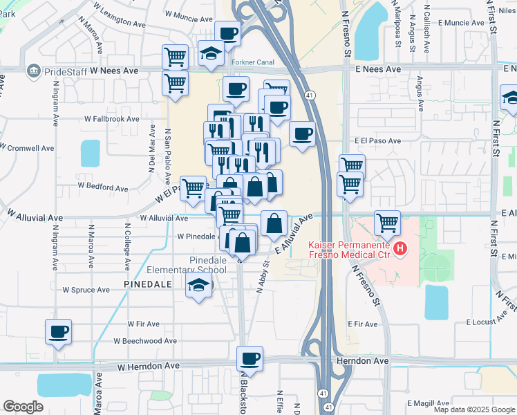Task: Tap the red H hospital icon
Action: (x=398, y=248)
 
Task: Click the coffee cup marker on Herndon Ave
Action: (x=250, y=359)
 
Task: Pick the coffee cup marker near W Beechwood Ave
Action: (x=59, y=331)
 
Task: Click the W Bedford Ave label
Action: (x=103, y=187)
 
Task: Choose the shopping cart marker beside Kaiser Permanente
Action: (x=387, y=223)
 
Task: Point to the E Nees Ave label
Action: (x=378, y=70)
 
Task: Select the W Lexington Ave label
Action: (x=120, y=21)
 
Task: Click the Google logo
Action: (x=23, y=407)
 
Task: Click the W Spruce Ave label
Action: (x=86, y=290)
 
